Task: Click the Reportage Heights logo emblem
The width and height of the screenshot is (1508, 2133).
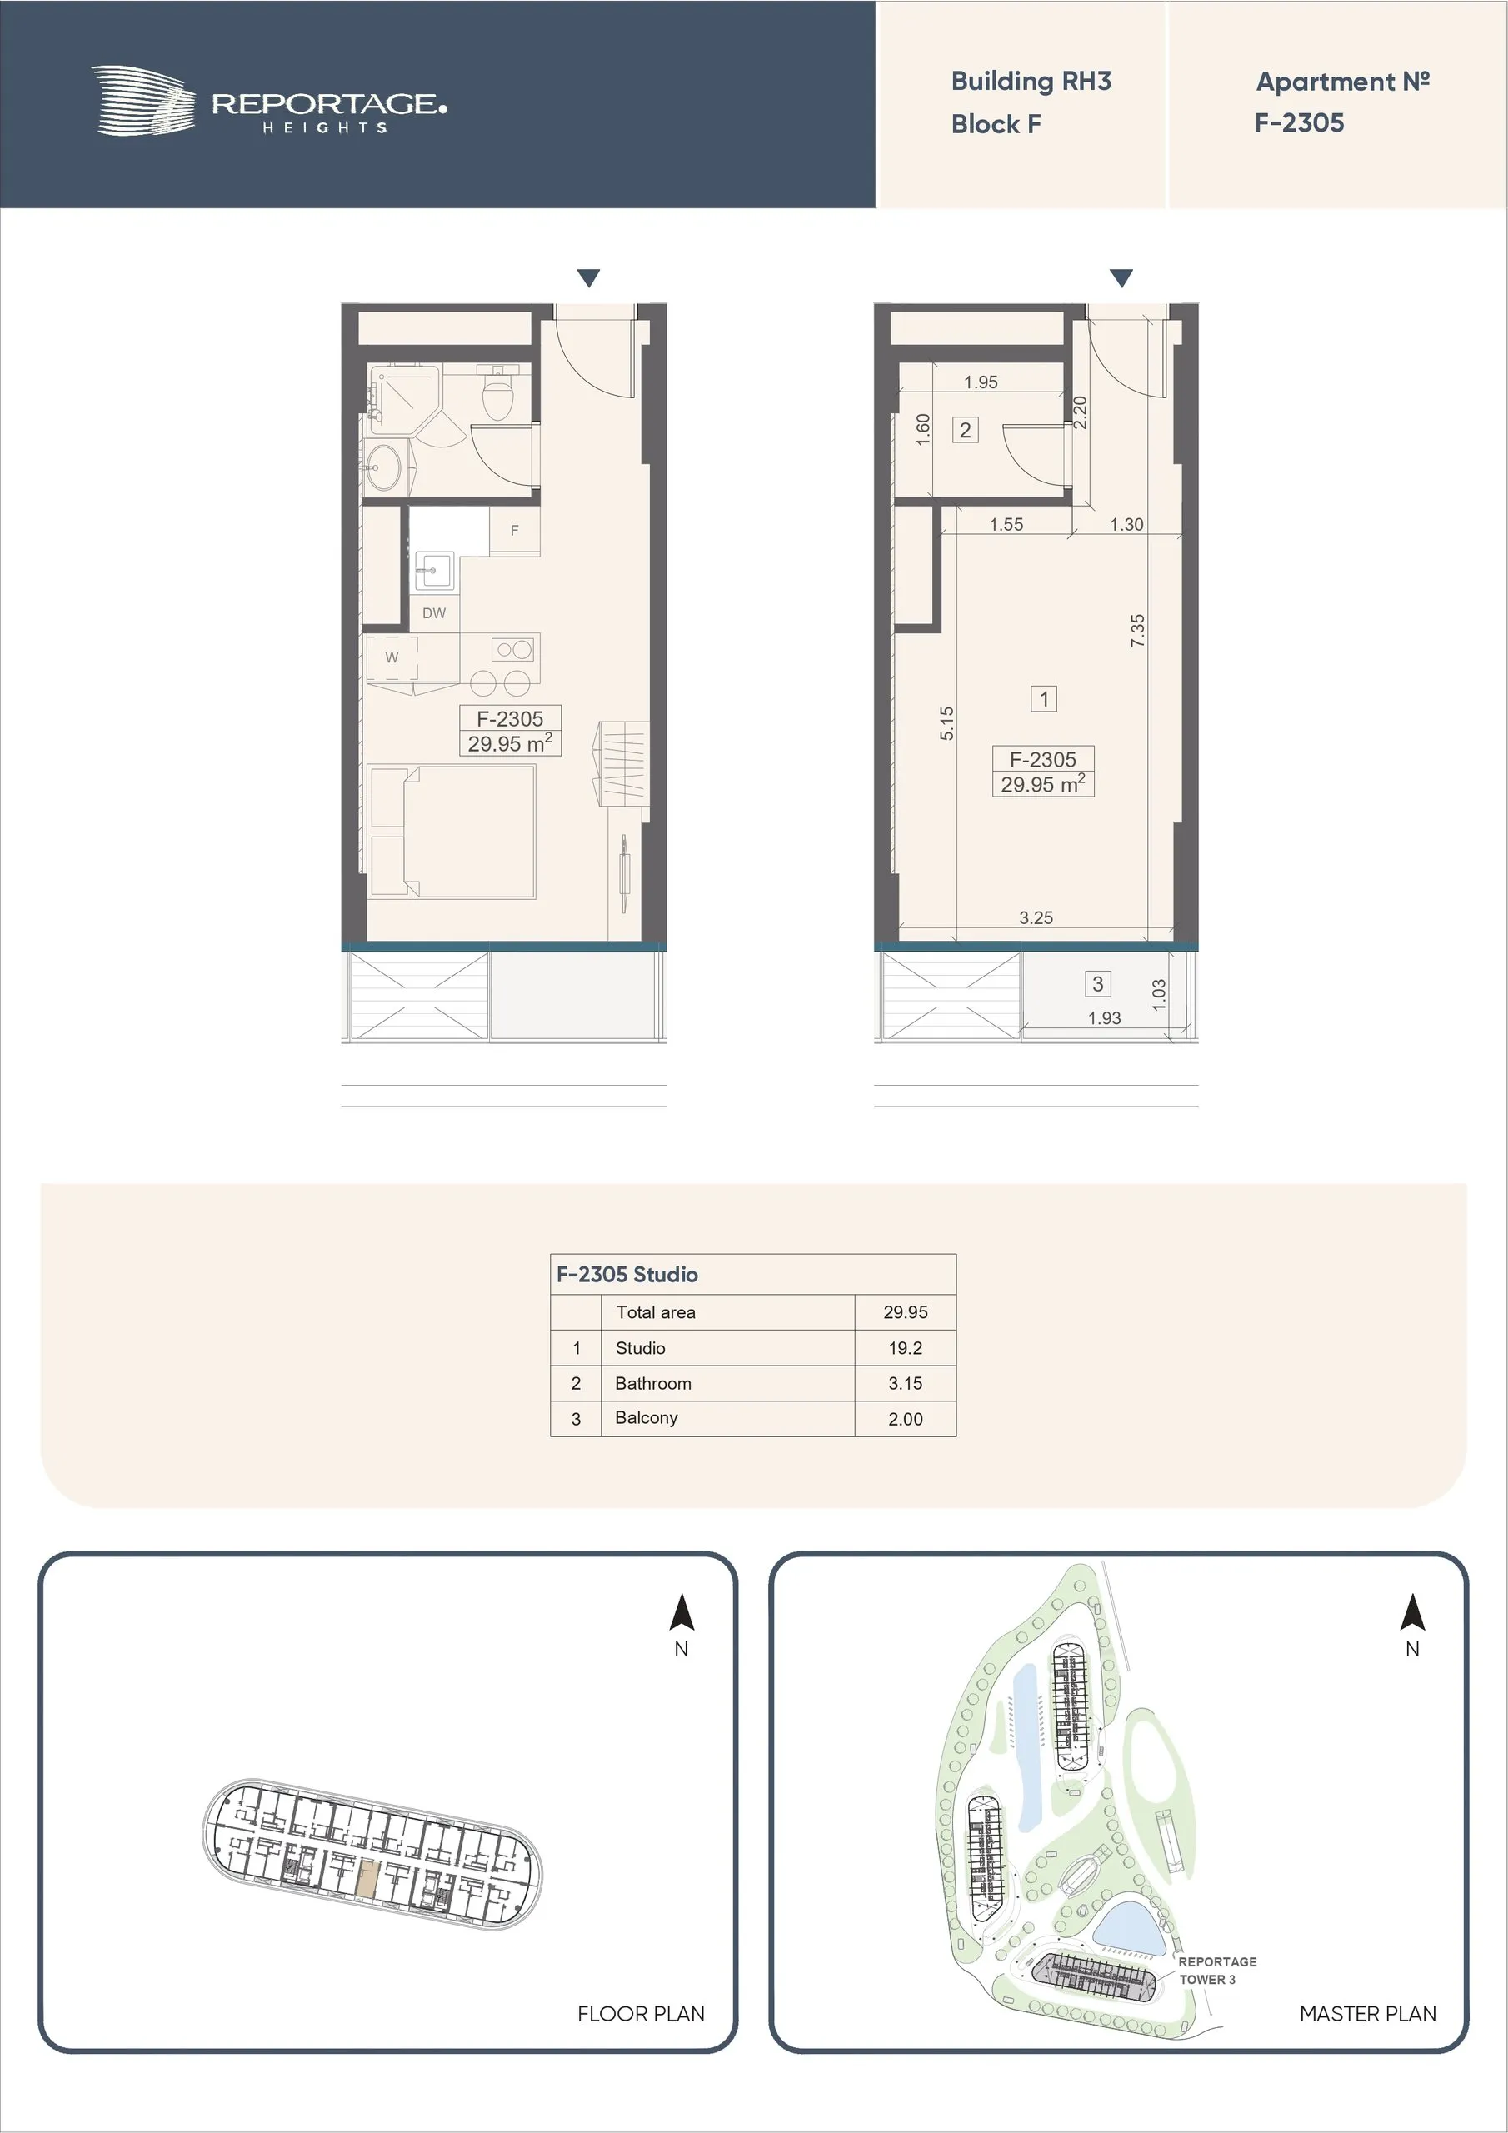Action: point(143,100)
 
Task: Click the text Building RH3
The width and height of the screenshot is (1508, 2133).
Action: point(1031,82)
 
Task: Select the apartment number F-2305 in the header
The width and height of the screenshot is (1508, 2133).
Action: point(1299,122)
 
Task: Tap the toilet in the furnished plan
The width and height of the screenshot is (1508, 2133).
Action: point(498,397)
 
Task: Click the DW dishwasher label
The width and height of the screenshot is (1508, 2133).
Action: point(434,613)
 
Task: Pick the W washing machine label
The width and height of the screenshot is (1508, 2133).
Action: point(392,657)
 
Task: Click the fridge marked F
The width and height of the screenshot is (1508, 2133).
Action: point(514,532)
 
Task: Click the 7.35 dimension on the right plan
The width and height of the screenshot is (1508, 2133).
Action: point(1137,631)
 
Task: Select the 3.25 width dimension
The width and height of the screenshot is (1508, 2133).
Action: point(1036,918)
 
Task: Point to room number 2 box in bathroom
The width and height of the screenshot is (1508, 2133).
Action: point(966,430)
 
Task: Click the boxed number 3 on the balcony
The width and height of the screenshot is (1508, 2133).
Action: point(1097,984)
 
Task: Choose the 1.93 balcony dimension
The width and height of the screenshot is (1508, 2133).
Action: point(1105,1018)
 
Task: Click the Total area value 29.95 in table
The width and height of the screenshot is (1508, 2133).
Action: point(905,1311)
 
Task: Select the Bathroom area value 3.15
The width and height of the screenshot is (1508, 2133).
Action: point(905,1383)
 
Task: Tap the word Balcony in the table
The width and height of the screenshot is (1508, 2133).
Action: point(647,1417)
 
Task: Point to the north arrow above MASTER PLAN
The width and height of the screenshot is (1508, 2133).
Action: point(1412,1613)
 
